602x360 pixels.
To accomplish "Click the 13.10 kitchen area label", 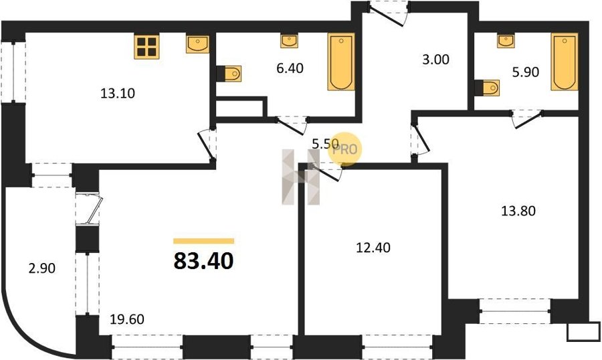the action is pos(118,94).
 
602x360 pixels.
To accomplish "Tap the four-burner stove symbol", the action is pos(146,47).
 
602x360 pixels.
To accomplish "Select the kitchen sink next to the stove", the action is pos(198,44).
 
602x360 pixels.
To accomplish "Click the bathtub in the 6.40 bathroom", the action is pos(341,62).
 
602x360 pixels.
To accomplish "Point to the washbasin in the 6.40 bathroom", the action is pos(289,41).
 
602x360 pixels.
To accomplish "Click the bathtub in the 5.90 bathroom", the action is pos(565,62).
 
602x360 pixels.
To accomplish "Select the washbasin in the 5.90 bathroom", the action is pos(506,41).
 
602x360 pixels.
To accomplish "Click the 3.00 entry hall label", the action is pos(435,60).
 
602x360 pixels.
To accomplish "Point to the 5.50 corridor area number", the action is pos(325,144).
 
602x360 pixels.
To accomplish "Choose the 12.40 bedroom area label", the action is pos(373,248).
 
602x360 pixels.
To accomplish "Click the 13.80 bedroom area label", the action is pos(518,211).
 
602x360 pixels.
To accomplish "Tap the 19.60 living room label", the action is pos(127,319).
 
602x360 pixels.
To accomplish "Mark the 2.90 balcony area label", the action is pos(42,268).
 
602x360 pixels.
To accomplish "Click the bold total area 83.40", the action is pos(203,261).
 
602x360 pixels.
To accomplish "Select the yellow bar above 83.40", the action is pos(203,241).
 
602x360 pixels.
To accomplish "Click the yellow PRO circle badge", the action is pos(344,149).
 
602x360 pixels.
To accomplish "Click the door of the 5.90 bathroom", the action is pos(527,118).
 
